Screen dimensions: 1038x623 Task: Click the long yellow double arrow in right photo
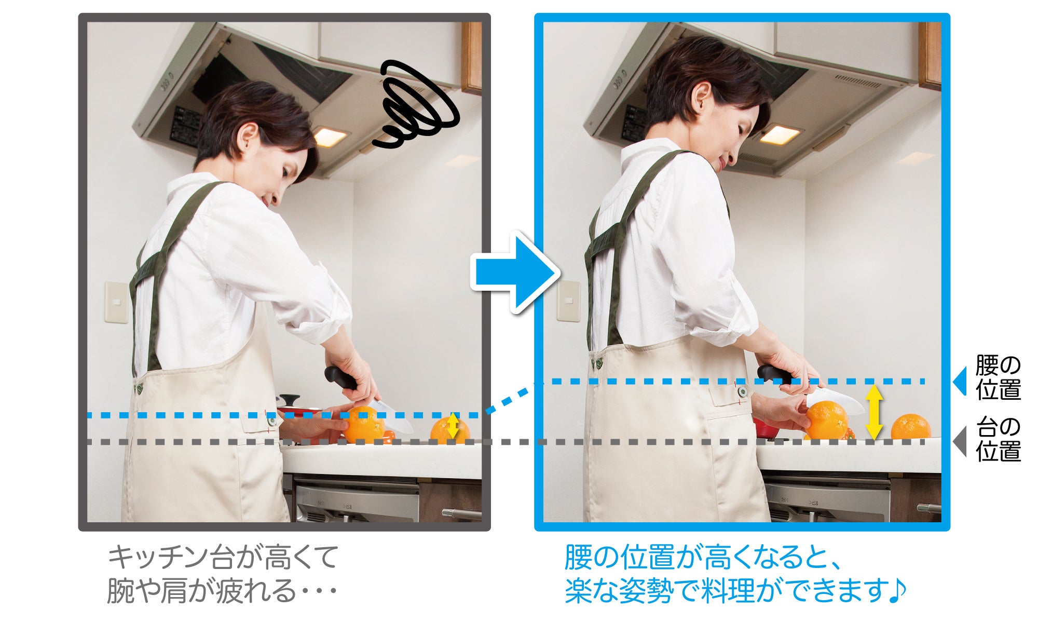pos(874,413)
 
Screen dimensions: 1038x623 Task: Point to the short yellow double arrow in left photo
pos(453,425)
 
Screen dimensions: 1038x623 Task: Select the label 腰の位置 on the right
pos(998,377)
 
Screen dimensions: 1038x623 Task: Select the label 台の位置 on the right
pos(998,439)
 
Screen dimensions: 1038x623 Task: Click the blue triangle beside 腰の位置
pos(960,382)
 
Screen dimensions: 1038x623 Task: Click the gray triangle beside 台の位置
pos(960,442)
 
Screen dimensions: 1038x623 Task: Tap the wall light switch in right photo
pos(568,301)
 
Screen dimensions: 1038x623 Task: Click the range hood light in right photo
pos(780,134)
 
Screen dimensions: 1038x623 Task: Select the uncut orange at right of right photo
pos(911,427)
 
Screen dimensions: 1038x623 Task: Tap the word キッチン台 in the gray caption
pos(172,557)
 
